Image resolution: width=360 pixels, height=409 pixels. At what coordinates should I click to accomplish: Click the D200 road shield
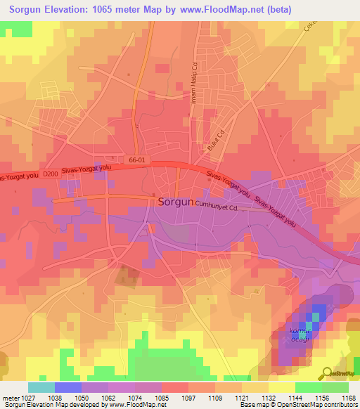[50, 174]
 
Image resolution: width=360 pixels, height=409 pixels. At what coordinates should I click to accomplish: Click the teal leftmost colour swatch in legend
[41, 387]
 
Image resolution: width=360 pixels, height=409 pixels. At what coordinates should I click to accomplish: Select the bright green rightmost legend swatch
[335, 387]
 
